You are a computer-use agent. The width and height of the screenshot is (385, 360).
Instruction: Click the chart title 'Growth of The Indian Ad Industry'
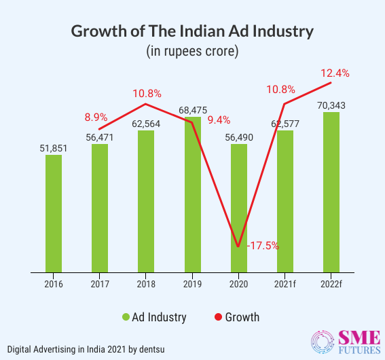pyautogui.click(x=192, y=31)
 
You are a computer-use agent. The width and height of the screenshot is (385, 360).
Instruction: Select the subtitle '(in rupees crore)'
pyautogui.click(x=192, y=51)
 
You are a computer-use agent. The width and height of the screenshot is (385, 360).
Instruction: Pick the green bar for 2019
pyautogui.click(x=192, y=197)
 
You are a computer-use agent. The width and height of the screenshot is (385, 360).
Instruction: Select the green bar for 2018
pyautogui.click(x=146, y=200)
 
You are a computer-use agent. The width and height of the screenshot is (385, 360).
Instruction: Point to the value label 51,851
pyautogui.click(x=54, y=147)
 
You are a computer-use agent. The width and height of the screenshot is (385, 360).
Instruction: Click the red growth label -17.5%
pyautogui.click(x=262, y=245)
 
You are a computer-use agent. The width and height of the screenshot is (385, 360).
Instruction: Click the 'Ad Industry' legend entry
pyautogui.click(x=154, y=317)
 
